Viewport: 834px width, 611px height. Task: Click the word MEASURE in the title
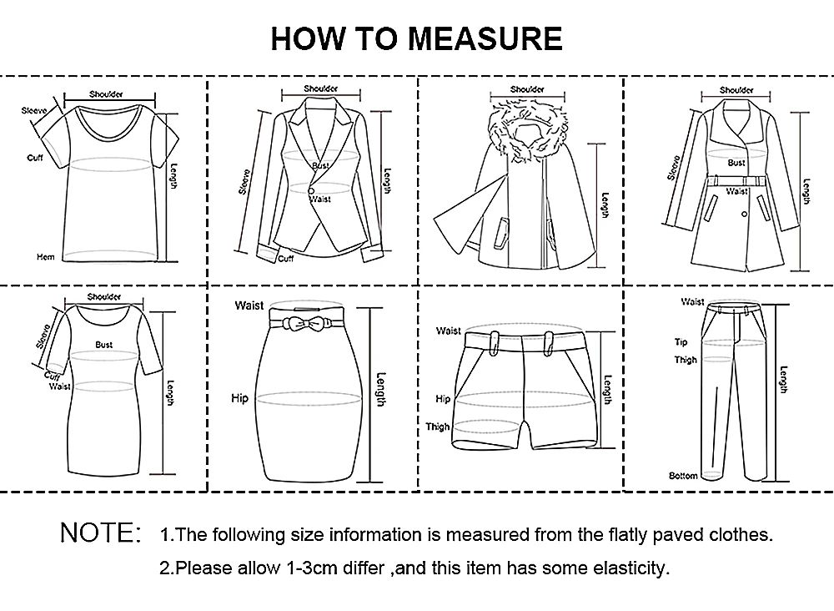click(x=485, y=38)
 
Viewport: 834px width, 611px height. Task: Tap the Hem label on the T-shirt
click(x=46, y=257)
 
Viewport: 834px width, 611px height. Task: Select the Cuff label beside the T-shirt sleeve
click(x=35, y=158)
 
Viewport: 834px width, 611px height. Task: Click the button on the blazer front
click(x=310, y=190)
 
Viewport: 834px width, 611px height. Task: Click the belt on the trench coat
click(x=736, y=181)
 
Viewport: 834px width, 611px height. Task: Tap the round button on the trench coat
click(x=744, y=214)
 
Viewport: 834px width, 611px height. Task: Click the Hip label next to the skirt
click(x=240, y=398)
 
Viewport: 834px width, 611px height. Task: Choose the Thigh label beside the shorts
click(x=437, y=427)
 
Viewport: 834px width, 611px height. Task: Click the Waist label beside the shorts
click(x=449, y=331)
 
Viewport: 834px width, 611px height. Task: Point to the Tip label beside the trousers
click(x=681, y=342)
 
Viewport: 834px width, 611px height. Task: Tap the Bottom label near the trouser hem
click(x=683, y=476)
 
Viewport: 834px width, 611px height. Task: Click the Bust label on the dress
click(x=103, y=345)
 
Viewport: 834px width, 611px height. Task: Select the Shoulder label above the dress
click(x=104, y=297)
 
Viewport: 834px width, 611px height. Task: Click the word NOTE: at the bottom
click(x=101, y=533)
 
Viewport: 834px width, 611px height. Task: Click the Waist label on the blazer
click(x=321, y=199)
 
